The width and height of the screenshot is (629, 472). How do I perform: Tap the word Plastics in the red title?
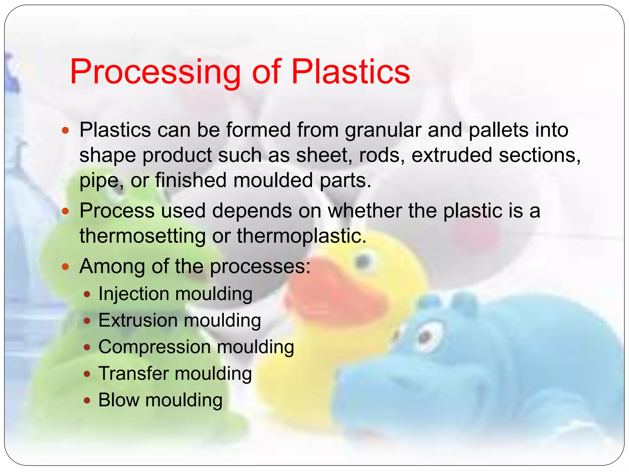click(350, 72)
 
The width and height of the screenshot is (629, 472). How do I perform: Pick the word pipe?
click(99, 181)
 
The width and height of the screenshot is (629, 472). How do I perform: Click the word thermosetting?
click(143, 236)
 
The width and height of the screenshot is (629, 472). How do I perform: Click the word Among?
click(112, 266)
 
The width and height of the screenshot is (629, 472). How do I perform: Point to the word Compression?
click(154, 347)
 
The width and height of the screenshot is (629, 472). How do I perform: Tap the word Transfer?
click(134, 374)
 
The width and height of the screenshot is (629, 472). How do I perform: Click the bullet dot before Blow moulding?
click(87, 401)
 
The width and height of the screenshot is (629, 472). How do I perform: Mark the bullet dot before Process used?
click(65, 211)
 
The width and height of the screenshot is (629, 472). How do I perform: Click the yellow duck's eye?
click(364, 262)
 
